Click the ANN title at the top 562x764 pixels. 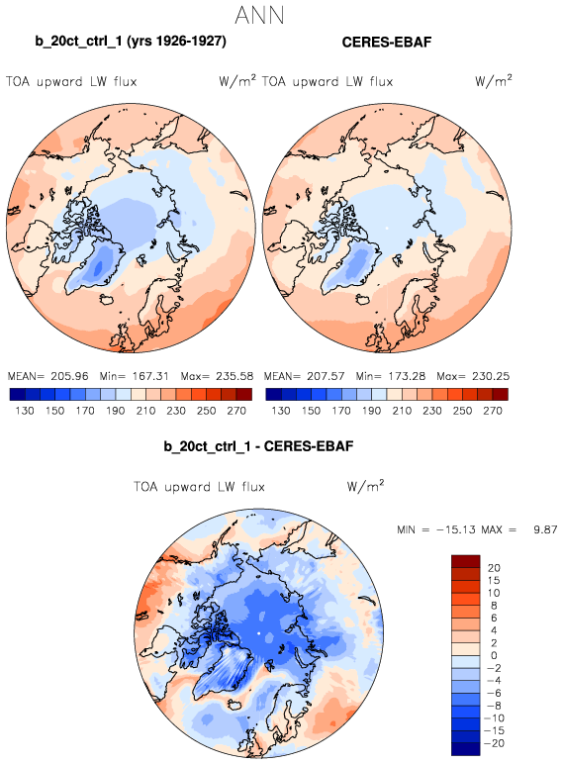pos(259,15)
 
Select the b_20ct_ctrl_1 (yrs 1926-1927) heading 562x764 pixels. pos(131,41)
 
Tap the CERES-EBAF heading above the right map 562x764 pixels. pos(387,42)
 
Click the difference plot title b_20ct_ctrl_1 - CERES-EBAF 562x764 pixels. pos(258,446)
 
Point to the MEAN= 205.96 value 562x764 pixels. pos(48,376)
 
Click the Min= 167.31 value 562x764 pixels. pos(134,376)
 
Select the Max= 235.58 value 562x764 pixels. pos(217,376)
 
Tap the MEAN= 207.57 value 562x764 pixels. pos(305,376)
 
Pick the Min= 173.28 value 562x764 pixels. pos(390,376)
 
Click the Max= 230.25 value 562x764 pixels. pos(473,376)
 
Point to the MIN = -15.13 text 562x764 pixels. pos(436,529)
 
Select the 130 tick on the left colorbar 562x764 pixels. pos(25,411)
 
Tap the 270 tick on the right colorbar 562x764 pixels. pos(493,411)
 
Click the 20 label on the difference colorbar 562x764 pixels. pos(494,568)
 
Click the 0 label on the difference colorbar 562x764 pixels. pos(494,655)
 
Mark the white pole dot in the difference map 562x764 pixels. pos(258,633)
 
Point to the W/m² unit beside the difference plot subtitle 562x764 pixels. pos(365,486)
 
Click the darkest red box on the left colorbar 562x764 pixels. pos(244,394)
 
